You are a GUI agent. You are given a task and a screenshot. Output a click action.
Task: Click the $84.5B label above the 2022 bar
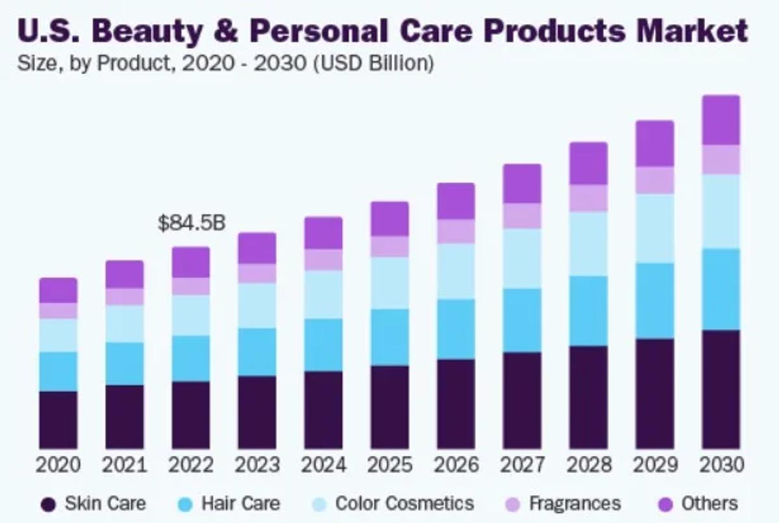tap(192, 224)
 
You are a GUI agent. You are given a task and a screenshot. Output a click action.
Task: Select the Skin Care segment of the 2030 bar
tap(721, 389)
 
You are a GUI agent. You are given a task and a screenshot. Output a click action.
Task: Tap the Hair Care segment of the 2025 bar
tap(389, 337)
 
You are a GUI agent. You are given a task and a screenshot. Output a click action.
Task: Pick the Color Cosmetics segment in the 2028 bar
tap(588, 243)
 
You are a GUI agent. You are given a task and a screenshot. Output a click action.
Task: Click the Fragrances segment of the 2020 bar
tap(58, 310)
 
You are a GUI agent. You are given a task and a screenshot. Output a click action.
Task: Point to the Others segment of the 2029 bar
tap(654, 143)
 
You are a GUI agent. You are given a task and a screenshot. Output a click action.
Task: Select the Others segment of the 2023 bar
tap(257, 248)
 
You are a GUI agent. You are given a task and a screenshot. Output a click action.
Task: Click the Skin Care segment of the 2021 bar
tap(125, 417)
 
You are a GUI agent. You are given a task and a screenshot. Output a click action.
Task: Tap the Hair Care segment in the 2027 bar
tap(522, 321)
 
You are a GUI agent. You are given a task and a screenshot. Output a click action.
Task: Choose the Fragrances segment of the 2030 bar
tap(721, 160)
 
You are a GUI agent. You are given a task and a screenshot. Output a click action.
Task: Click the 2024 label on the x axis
tap(323, 465)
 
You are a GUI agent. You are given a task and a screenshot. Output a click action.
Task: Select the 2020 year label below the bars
tap(58, 465)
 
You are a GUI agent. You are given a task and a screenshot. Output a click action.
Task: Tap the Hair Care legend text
tap(240, 504)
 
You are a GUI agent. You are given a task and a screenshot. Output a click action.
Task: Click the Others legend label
tap(709, 504)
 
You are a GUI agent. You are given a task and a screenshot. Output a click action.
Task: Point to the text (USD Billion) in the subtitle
tap(373, 64)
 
